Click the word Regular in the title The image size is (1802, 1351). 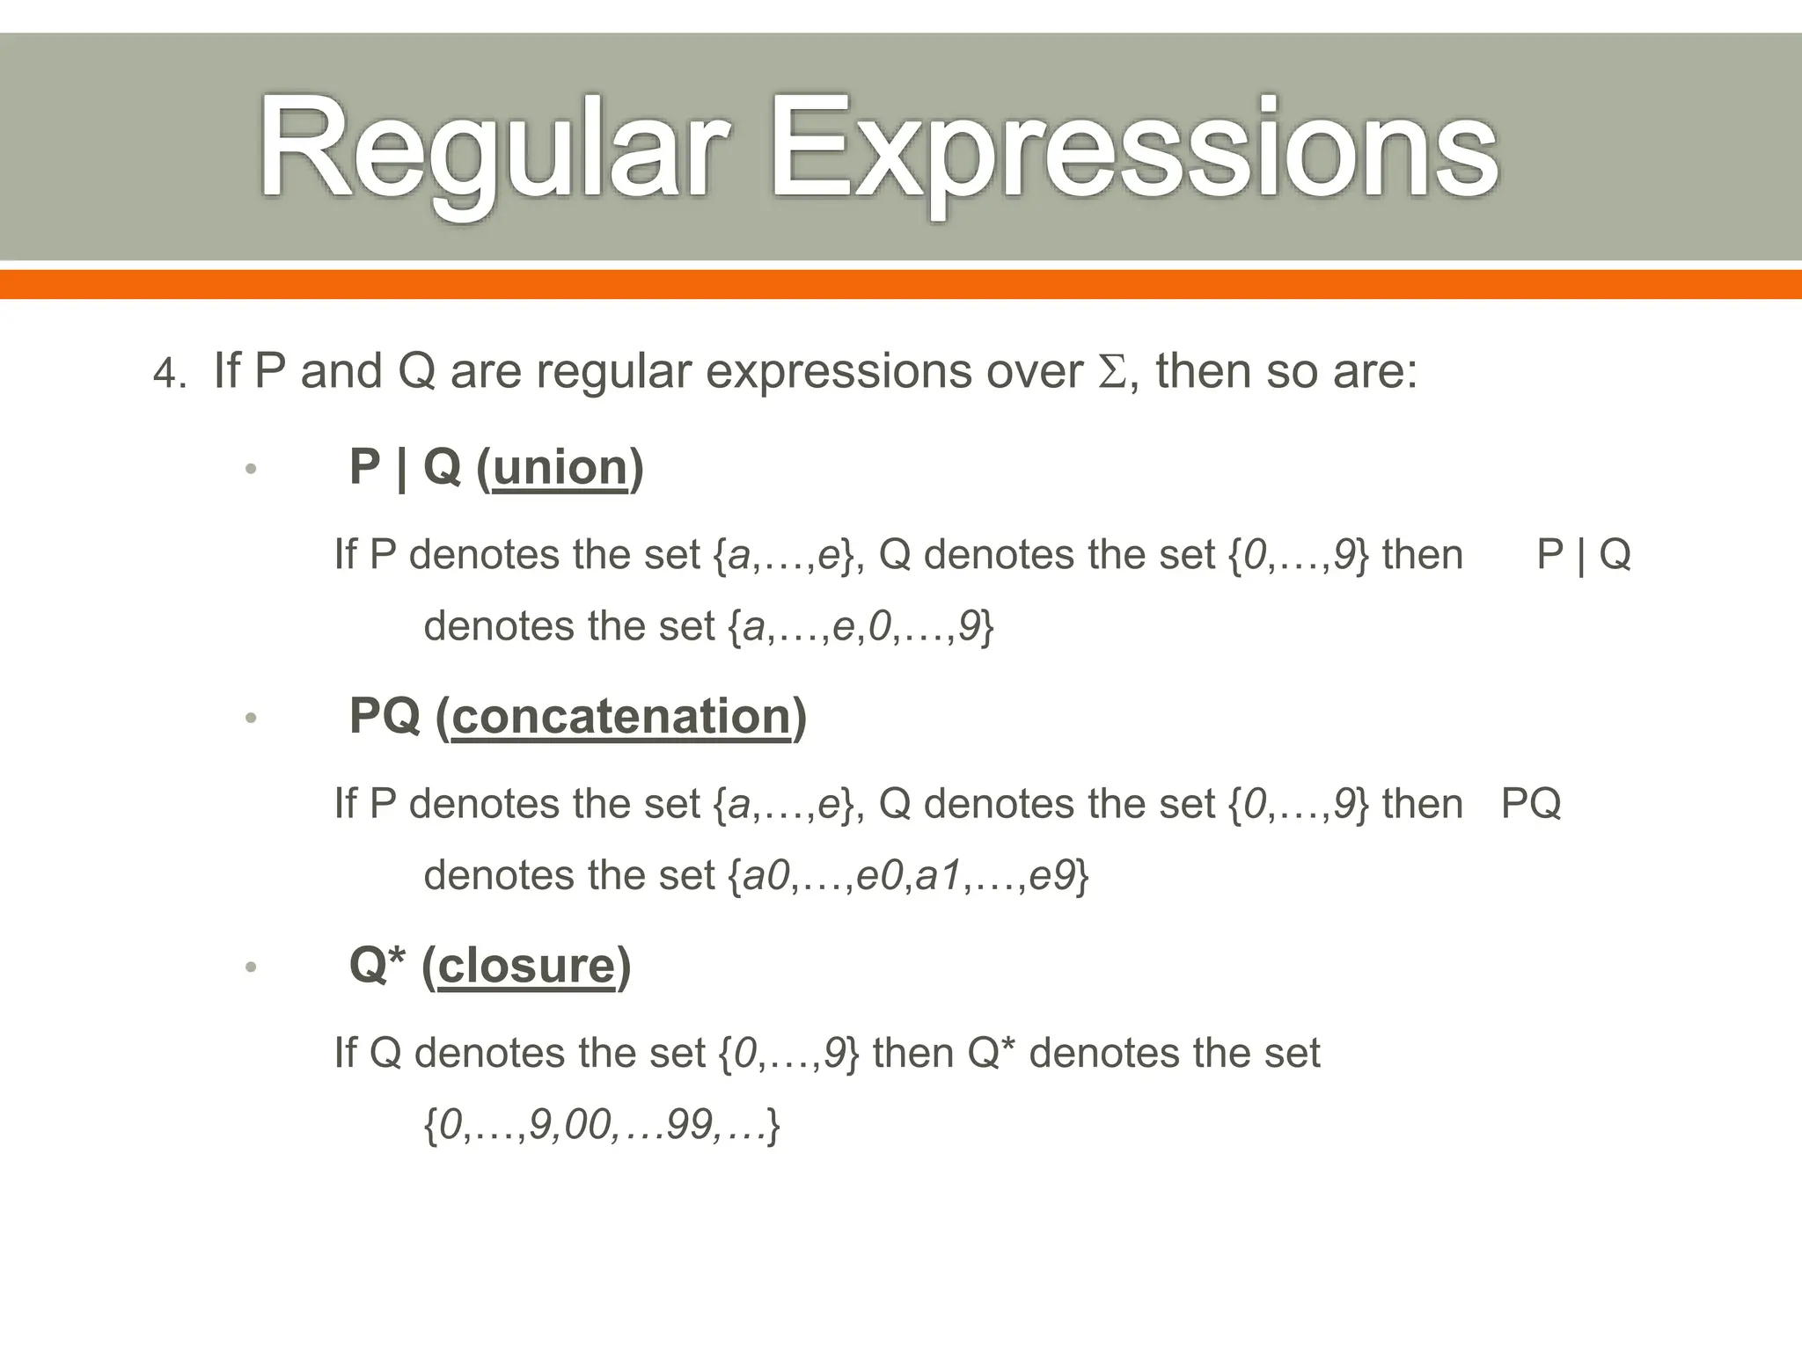pos(493,150)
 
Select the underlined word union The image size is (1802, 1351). pos(560,467)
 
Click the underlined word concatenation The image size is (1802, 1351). pos(621,716)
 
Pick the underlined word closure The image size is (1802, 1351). pos(525,966)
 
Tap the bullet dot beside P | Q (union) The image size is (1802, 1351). pos(251,469)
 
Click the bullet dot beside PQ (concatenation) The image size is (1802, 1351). pos(251,719)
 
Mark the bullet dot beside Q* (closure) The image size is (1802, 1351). pos(251,968)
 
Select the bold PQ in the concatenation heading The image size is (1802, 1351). pos(385,715)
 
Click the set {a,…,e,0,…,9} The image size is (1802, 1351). pos(861,626)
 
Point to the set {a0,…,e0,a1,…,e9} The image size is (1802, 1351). pos(908,876)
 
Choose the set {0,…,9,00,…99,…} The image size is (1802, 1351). pos(602,1125)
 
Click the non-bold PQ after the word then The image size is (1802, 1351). pos(1530,804)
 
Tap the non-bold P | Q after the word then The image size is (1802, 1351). pos(1583,555)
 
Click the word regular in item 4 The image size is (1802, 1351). pos(613,372)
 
